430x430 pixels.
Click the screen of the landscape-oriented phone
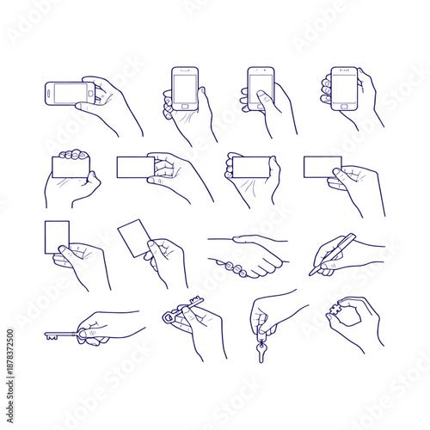coord(64,92)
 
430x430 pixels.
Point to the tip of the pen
coord(311,273)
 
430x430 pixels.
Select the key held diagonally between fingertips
coord(182,311)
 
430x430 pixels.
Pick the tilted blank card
coord(132,236)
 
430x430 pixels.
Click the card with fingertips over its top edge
coord(70,165)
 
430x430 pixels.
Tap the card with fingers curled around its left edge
coord(249,166)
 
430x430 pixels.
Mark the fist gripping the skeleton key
coord(90,331)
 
